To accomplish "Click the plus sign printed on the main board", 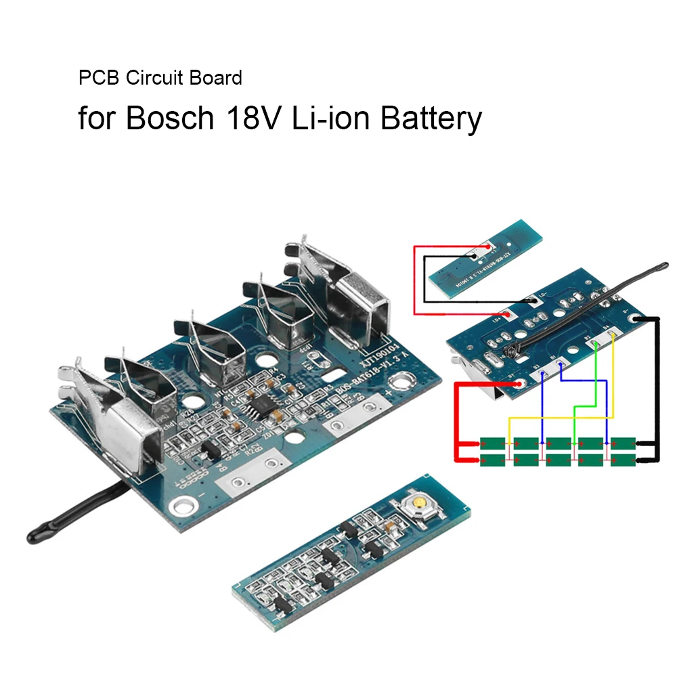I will click(389, 392).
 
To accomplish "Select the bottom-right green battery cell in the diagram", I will click(623, 460).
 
